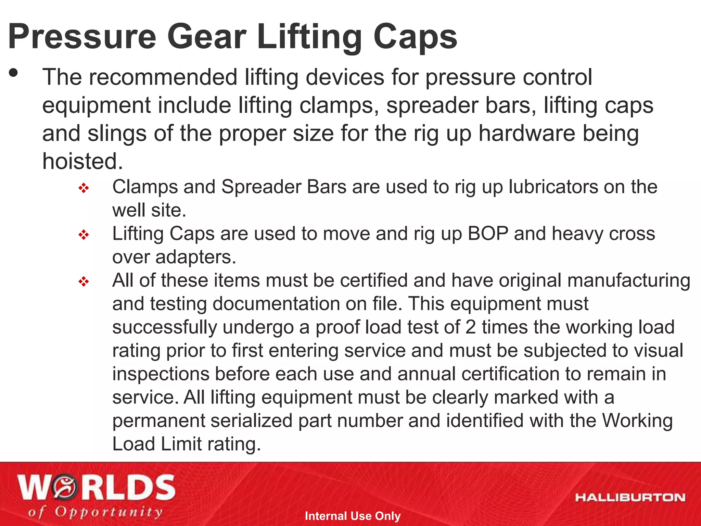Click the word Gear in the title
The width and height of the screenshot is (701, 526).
pyautogui.click(x=207, y=37)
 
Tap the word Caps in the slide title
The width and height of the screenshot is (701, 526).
pyautogui.click(x=415, y=37)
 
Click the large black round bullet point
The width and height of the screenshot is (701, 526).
pyautogui.click(x=14, y=73)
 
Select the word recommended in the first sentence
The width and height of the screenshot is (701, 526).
pyautogui.click(x=163, y=77)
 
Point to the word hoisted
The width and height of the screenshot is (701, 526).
pyautogui.click(x=82, y=161)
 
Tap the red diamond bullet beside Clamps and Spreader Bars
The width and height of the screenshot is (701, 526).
pyautogui.click(x=84, y=188)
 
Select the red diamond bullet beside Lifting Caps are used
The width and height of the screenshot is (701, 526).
pyautogui.click(x=84, y=235)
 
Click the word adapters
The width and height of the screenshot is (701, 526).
pyautogui.click(x=195, y=257)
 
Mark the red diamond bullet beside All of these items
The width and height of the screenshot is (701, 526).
pyautogui.click(x=84, y=282)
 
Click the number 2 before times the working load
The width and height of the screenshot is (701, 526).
pyautogui.click(x=471, y=327)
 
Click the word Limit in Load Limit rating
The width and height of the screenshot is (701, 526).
pyautogui.click(x=181, y=444)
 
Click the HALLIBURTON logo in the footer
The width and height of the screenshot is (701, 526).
pyautogui.click(x=630, y=498)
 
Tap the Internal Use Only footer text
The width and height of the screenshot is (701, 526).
pyautogui.click(x=353, y=516)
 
